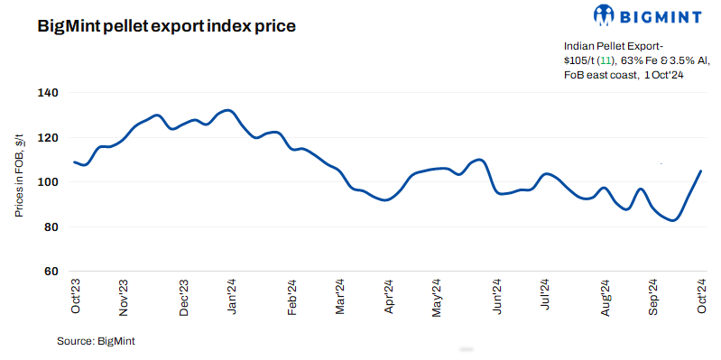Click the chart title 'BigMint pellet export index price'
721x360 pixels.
click(167, 26)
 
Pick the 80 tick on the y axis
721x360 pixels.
click(51, 226)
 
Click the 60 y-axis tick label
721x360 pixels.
click(51, 272)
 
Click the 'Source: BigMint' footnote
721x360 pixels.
click(96, 342)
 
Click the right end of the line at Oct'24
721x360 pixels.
click(700, 171)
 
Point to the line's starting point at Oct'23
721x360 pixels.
click(74, 162)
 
